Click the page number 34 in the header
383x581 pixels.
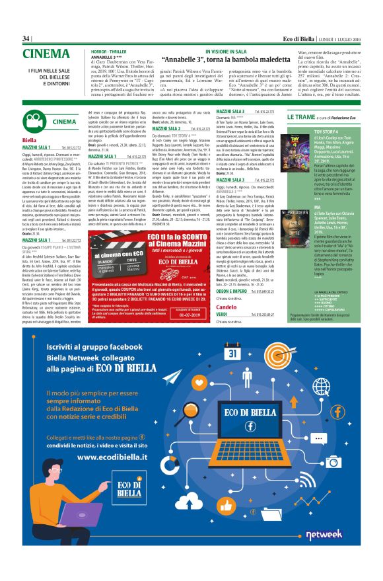pos(26,38)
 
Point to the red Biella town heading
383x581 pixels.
pos(29,141)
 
